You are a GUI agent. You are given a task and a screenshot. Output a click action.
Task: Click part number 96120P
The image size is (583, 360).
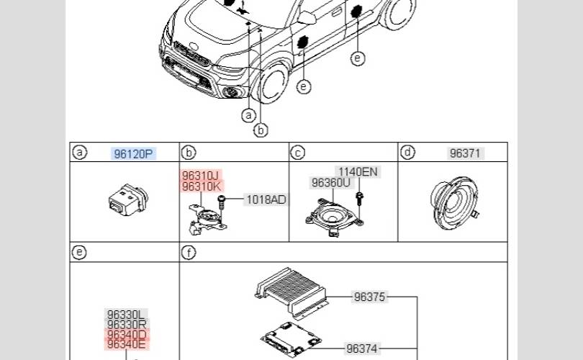(133, 153)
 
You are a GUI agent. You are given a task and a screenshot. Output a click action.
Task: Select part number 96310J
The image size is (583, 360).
(200, 176)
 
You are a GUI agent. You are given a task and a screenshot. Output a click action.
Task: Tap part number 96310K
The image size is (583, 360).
(201, 186)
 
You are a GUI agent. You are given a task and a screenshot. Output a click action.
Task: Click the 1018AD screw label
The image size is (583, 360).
(266, 199)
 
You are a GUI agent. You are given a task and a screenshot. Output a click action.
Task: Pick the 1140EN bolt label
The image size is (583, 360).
(358, 172)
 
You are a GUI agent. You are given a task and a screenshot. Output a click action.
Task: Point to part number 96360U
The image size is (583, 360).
(331, 183)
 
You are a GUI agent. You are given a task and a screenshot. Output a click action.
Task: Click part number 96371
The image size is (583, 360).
(465, 153)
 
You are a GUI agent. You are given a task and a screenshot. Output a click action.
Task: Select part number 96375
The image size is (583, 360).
(369, 297)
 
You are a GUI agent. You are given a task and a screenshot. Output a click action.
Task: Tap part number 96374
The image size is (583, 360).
(362, 348)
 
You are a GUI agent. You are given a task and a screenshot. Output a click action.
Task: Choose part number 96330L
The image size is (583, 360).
(126, 314)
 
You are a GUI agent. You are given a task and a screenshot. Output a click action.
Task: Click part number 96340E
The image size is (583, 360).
(126, 344)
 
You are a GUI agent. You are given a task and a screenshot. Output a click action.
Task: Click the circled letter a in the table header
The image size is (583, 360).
(79, 152)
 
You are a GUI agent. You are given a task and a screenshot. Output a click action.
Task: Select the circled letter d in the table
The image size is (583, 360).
(408, 152)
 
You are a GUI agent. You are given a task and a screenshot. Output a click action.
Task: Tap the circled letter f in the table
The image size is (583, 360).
(189, 253)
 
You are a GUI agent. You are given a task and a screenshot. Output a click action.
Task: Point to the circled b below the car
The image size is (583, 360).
(261, 130)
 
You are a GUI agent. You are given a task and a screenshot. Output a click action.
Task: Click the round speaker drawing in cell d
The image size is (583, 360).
(454, 203)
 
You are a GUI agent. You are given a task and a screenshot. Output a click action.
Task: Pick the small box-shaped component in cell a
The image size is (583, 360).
(128, 199)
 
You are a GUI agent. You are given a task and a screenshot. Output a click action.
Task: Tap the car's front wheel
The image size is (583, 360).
(273, 84)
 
